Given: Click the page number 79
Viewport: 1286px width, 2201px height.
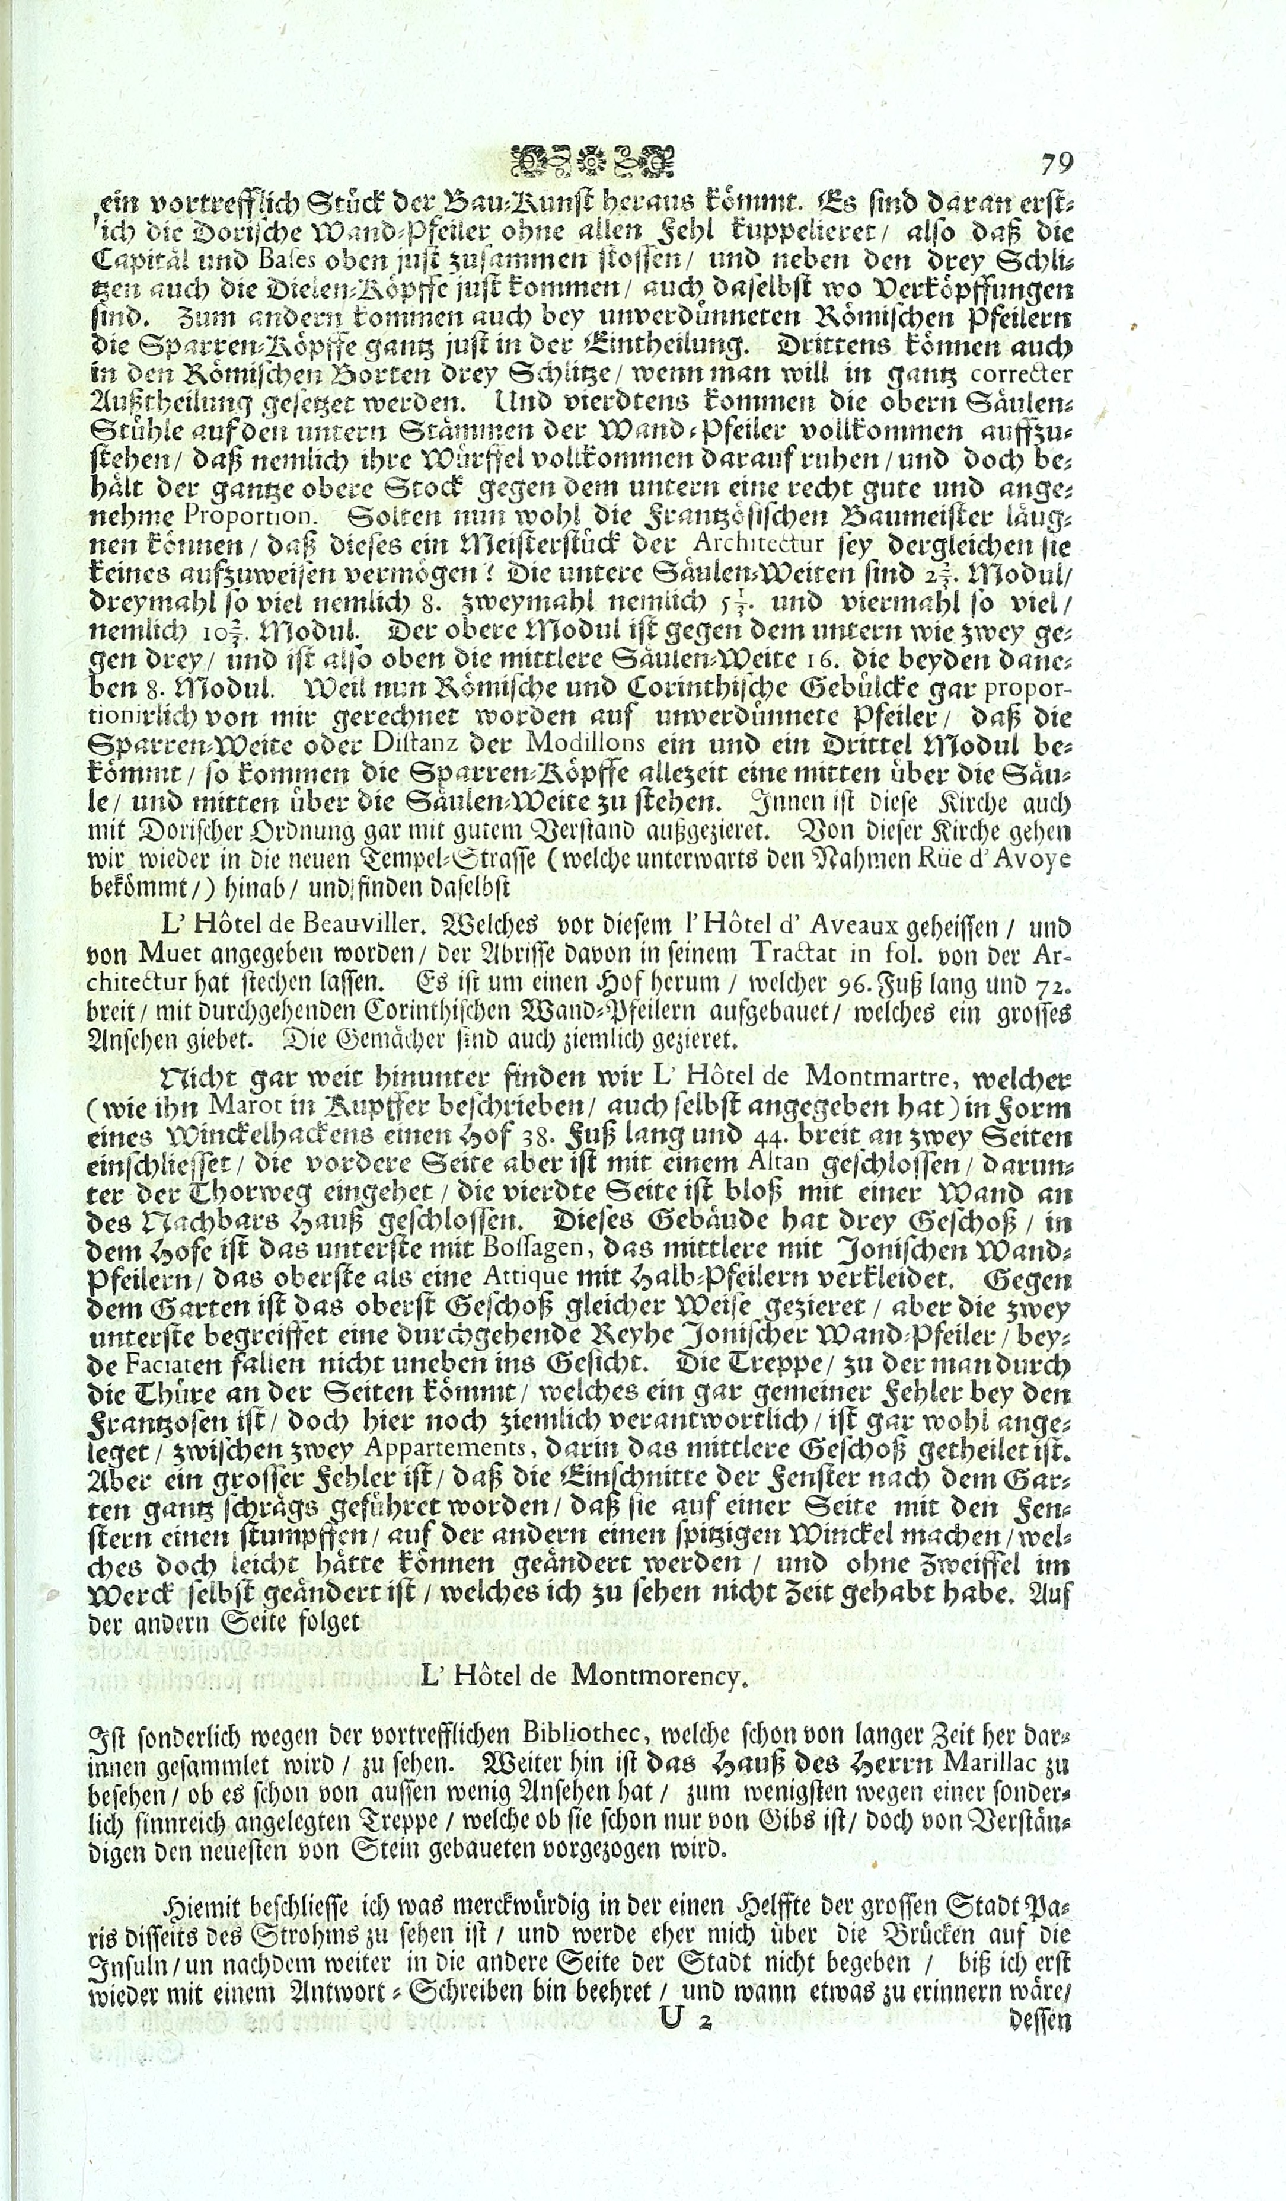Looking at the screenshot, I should tap(1056, 164).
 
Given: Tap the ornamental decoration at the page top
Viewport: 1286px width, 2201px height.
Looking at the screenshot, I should tap(592, 161).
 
